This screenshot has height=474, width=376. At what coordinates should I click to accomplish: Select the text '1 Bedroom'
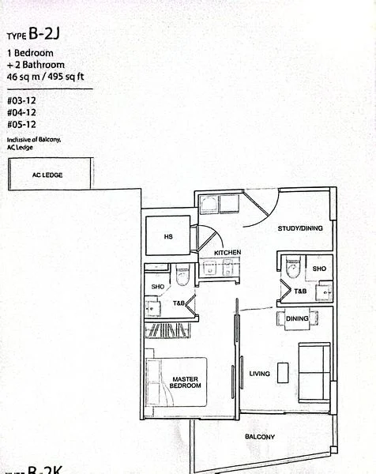coord(32,54)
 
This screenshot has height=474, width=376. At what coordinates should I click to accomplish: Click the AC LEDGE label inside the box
coord(47,175)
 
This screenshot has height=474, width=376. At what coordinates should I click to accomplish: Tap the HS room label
coord(167,236)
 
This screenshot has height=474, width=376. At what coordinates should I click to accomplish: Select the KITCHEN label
coord(227,253)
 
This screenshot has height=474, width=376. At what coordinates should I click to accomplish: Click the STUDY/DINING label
coord(300,228)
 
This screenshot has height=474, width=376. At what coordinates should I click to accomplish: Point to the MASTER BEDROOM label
coord(186,382)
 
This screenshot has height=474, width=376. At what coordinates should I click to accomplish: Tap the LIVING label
coord(260,374)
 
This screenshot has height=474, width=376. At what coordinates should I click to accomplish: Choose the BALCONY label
coord(260,437)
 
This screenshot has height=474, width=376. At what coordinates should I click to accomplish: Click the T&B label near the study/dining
coord(300,291)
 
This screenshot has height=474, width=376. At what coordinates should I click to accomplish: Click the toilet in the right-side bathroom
coord(291,269)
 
